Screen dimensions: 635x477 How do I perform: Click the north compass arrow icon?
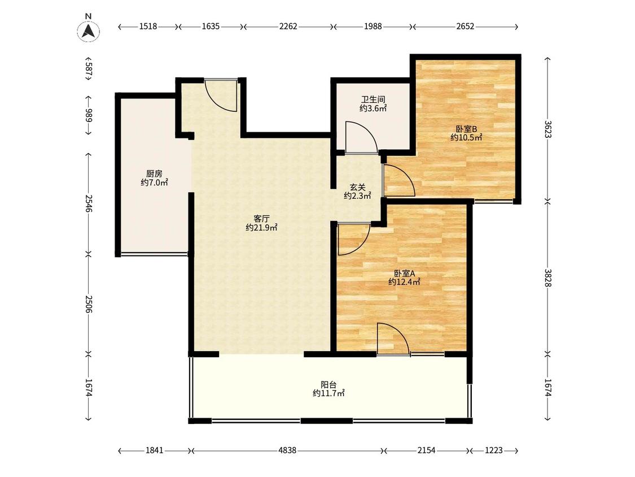[x=88, y=31]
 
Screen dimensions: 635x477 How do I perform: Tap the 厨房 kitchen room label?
[x=154, y=174]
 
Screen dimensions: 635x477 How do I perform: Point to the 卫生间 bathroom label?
[x=373, y=99]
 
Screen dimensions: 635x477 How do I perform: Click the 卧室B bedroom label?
[x=467, y=129]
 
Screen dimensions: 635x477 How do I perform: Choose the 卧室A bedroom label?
[x=404, y=273]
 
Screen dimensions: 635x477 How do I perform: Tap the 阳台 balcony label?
[x=329, y=384]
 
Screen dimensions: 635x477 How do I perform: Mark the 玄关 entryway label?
[x=358, y=188]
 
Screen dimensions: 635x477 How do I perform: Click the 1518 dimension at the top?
[x=148, y=27]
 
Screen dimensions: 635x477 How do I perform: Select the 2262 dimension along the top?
[x=288, y=27]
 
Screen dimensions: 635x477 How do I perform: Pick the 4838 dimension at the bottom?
[x=287, y=450]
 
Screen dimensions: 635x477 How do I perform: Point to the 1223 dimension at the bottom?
[x=494, y=450]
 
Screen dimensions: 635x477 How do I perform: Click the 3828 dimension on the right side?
[x=548, y=278]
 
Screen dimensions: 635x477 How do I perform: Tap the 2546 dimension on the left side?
[x=89, y=204]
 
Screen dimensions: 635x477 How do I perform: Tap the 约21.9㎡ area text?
[x=261, y=228]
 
